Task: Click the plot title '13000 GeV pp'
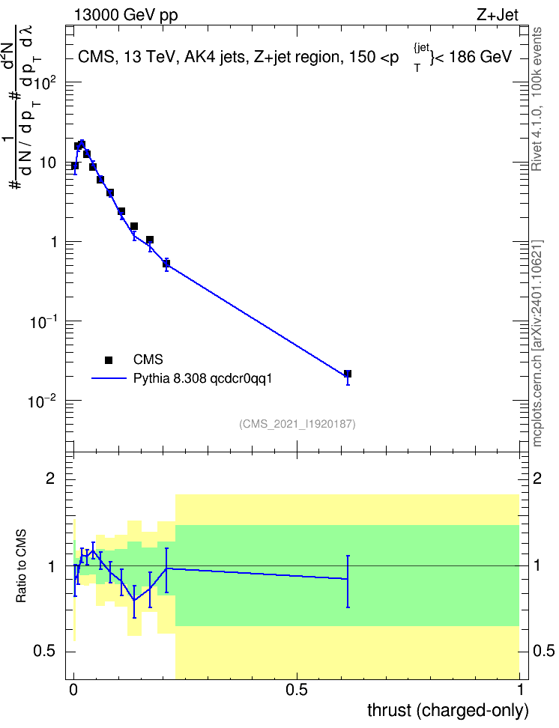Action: coord(126,16)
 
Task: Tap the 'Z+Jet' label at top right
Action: coord(498,15)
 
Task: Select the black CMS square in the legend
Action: coord(109,360)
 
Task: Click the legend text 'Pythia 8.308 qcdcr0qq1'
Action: coord(202,378)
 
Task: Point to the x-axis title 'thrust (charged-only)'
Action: coord(448,710)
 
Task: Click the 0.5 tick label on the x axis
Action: coord(297,690)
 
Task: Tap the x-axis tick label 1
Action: coord(520,690)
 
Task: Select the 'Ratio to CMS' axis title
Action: coord(21,566)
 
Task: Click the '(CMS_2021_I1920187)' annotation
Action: coord(297,424)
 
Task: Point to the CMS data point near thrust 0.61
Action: coord(348,374)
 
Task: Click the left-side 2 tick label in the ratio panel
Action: coord(51,478)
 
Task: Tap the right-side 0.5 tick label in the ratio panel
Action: coord(543,651)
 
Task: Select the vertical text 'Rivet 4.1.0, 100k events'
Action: coord(537,99)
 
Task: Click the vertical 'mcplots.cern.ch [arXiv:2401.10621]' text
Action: coord(537,343)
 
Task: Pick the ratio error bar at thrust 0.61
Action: coord(348,581)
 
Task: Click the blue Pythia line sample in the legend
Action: coord(109,378)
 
